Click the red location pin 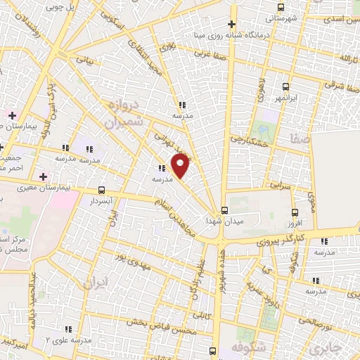(x=181, y=167)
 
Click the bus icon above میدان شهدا (x=224, y=210)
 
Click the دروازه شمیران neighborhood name (x=124, y=114)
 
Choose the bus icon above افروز (x=295, y=211)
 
